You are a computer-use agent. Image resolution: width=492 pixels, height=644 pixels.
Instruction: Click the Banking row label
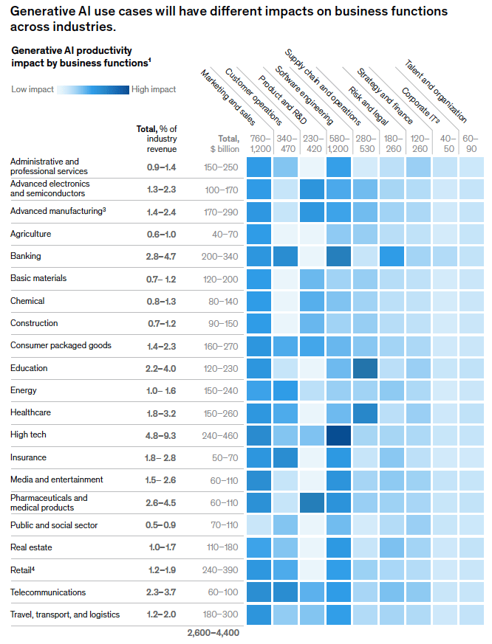25,256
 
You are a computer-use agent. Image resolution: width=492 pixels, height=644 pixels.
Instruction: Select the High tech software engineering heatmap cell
339,435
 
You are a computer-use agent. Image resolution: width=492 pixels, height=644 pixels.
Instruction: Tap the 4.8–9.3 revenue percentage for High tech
160,435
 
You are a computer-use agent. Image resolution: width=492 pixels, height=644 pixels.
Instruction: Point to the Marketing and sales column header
228,96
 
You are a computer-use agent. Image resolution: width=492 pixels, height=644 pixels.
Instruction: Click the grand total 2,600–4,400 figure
213,632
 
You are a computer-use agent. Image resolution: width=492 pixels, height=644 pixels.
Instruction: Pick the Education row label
29,368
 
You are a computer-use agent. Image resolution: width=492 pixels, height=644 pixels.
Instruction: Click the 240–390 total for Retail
220,570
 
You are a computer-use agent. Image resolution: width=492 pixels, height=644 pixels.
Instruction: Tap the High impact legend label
154,89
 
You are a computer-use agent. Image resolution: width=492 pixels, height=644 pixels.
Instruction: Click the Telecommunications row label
47,592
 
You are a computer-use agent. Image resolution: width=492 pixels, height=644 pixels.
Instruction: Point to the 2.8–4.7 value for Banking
160,256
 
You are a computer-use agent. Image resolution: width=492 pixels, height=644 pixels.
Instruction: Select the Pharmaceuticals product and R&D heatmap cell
312,502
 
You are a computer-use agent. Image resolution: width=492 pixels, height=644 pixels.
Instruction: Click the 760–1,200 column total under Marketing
259,143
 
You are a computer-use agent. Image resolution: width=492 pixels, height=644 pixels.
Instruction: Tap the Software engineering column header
304,96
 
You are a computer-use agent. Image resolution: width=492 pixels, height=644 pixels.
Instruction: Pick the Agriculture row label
30,234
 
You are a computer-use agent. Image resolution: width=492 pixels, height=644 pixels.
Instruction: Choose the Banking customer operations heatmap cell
286,256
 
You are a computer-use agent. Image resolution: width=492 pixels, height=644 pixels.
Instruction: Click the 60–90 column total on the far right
472,143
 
